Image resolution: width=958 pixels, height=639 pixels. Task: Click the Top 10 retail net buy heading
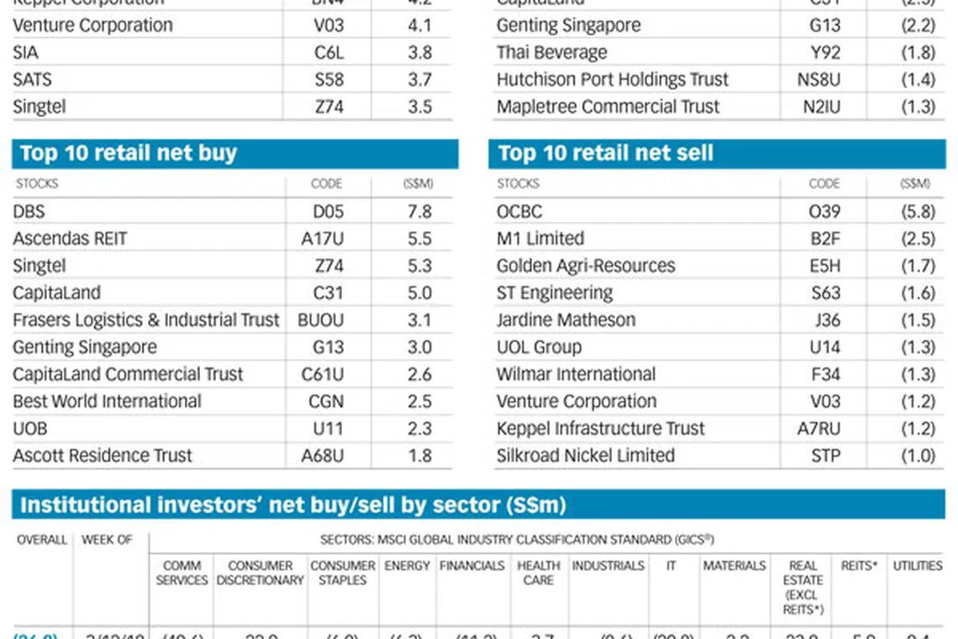tap(129, 153)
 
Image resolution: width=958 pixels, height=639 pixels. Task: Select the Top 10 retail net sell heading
tap(605, 153)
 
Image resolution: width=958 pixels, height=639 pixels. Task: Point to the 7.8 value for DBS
tap(419, 212)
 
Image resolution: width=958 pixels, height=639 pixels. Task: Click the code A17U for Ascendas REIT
tap(323, 239)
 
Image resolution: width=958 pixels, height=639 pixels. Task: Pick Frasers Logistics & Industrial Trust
tap(146, 320)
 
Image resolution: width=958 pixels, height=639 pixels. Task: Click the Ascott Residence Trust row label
tap(103, 456)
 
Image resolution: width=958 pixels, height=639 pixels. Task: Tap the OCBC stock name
tap(519, 212)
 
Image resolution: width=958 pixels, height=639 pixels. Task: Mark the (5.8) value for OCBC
tap(918, 212)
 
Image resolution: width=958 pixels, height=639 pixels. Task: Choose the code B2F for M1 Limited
tap(825, 239)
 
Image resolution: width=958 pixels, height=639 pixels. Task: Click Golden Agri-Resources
tap(586, 266)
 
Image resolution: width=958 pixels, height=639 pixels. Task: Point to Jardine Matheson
tap(566, 320)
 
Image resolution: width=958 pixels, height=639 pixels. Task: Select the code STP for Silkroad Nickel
tap(825, 456)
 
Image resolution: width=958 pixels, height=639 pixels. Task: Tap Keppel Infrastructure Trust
tap(601, 429)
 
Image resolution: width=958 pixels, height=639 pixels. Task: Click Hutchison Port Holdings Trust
tap(613, 80)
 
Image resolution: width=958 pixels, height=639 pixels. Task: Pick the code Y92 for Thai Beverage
tap(825, 52)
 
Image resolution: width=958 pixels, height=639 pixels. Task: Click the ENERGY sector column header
tap(408, 566)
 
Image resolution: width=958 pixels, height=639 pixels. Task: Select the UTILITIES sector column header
tap(918, 566)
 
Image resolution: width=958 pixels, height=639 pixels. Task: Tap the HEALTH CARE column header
tap(539, 573)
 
